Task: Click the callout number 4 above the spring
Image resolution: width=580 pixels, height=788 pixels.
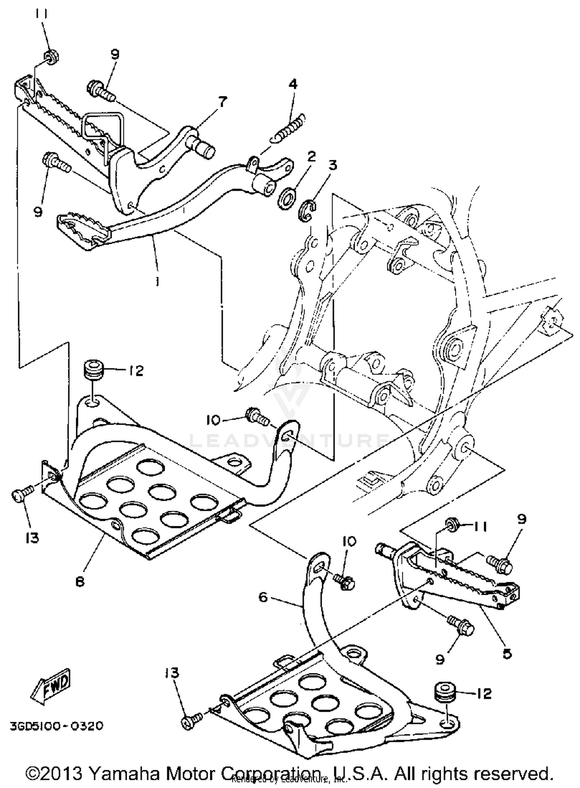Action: point(293,84)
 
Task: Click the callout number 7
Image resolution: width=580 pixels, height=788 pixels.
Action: point(223,102)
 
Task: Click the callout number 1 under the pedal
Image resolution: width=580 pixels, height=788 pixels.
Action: point(157,281)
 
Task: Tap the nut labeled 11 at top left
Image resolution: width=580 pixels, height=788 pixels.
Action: point(51,57)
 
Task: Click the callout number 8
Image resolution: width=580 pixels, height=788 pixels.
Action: point(80,581)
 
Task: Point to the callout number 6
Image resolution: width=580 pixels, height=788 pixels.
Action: point(263,597)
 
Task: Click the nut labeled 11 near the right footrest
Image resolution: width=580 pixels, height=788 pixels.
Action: point(451,525)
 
